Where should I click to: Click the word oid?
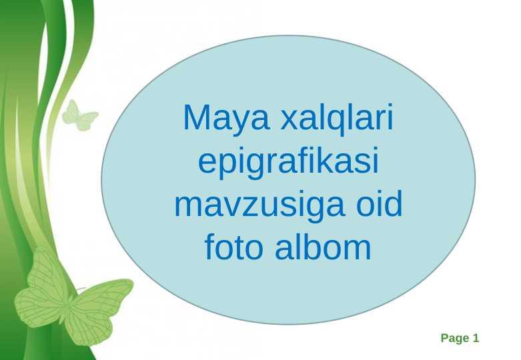coord(379,203)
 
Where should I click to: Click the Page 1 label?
coord(460,339)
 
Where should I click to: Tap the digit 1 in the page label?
coord(476,338)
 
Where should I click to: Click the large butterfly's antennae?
coord(81,290)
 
